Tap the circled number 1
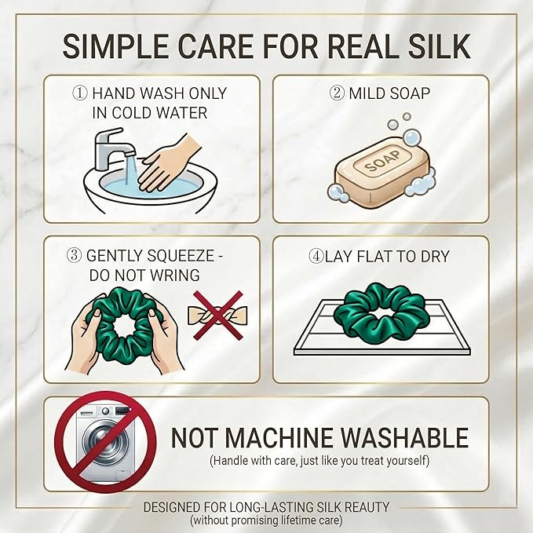pyautogui.click(x=80, y=93)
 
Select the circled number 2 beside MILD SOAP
pyautogui.click(x=337, y=93)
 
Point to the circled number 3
pyautogui.click(x=74, y=256)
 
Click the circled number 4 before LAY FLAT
pyautogui.click(x=316, y=257)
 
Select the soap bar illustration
pyautogui.click(x=381, y=173)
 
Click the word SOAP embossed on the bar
pyautogui.click(x=383, y=161)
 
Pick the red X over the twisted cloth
pyautogui.click(x=218, y=315)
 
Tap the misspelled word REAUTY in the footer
pyautogui.click(x=367, y=507)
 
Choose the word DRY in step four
pyautogui.click(x=435, y=257)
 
